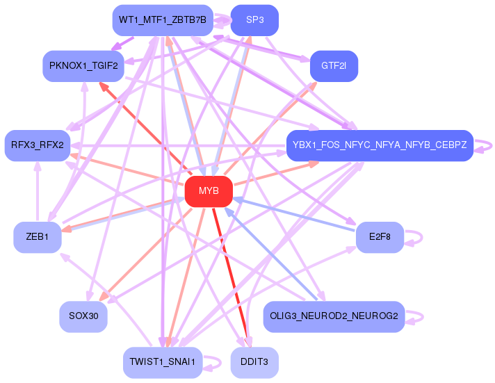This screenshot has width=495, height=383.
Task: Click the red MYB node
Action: pos(209,191)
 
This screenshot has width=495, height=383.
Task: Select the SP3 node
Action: pos(254,20)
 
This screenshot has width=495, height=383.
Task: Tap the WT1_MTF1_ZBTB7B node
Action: pos(162,20)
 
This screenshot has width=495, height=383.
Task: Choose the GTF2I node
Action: pos(334,66)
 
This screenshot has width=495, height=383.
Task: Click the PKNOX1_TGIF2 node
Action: pos(83,66)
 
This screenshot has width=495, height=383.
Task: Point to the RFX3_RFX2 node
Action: pos(37,145)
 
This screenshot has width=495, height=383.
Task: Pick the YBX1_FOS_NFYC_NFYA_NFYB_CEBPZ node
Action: pos(380,145)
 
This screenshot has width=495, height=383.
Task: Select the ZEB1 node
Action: pos(38,237)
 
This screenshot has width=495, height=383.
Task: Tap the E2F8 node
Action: pos(380,237)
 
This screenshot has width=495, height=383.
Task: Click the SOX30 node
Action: pos(83,316)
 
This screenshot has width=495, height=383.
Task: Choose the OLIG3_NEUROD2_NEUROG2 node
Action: pos(334,316)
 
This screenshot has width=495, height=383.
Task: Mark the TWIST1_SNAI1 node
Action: pos(162,362)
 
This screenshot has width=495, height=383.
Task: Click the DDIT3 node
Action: pos(254,362)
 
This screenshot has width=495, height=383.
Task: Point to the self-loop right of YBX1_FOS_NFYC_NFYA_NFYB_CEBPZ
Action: pos(490,145)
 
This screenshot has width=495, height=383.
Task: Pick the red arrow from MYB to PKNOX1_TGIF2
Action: pos(146,129)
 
